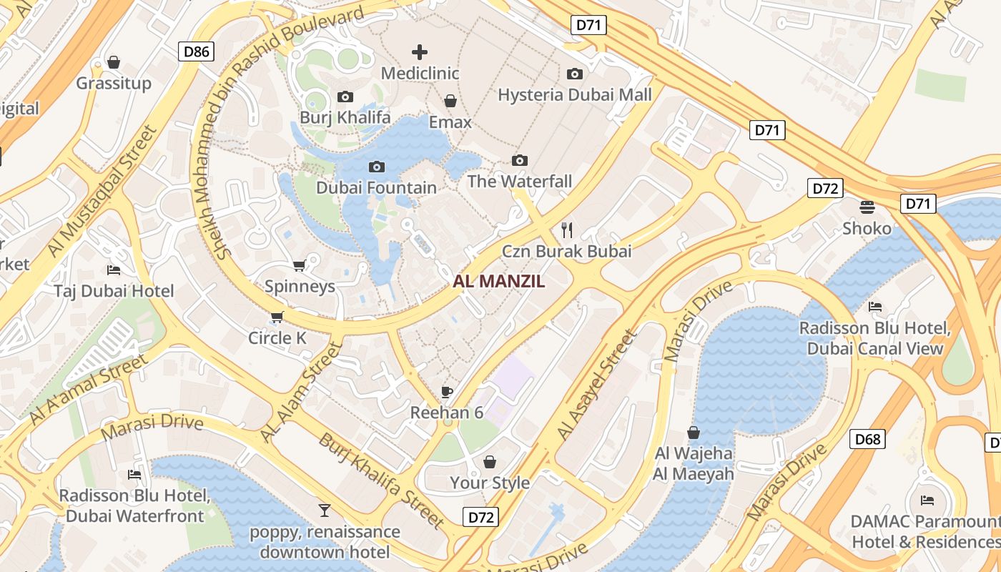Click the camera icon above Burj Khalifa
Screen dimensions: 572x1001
pyautogui.click(x=345, y=97)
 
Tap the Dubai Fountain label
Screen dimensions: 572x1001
pyautogui.click(x=376, y=188)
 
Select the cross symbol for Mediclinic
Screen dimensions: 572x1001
pyautogui.click(x=420, y=51)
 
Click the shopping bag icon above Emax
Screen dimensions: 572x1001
pyautogui.click(x=450, y=101)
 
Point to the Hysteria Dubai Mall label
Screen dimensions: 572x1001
pyautogui.click(x=574, y=94)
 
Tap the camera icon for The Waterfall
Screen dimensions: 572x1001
pyautogui.click(x=520, y=160)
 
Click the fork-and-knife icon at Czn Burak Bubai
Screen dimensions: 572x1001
pyautogui.click(x=567, y=230)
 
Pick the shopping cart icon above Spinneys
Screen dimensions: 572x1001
pyautogui.click(x=299, y=265)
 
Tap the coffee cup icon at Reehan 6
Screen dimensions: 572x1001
pyautogui.click(x=447, y=391)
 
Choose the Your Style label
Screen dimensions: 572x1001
pyautogui.click(x=490, y=483)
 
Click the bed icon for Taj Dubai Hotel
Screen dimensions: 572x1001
pyautogui.click(x=114, y=270)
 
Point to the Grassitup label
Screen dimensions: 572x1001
pyautogui.click(x=114, y=83)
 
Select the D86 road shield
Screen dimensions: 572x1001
pyautogui.click(x=197, y=51)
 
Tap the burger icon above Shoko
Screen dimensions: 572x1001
pyautogui.click(x=867, y=207)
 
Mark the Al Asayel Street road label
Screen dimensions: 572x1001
pyautogui.click(x=596, y=385)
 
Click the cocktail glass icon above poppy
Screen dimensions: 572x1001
pyautogui.click(x=325, y=510)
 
